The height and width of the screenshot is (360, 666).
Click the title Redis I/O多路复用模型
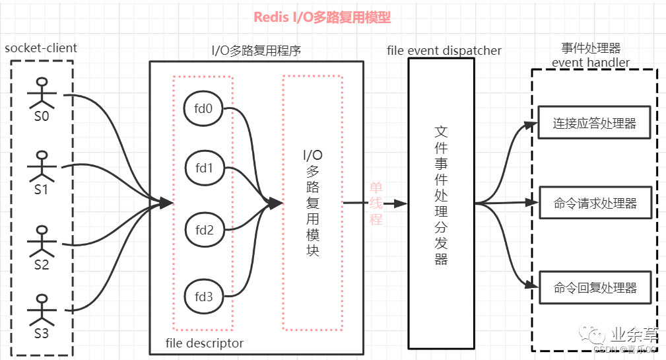point(323,18)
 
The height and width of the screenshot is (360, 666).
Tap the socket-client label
point(41,48)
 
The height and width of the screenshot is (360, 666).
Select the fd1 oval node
point(203,169)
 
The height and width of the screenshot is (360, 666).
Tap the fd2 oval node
point(203,231)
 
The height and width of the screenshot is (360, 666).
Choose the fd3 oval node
point(203,297)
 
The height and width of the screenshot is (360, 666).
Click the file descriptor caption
point(205,343)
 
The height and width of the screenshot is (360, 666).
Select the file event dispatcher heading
point(445,50)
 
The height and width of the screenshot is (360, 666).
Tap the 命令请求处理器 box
point(595,202)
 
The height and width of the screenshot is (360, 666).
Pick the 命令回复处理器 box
point(595,287)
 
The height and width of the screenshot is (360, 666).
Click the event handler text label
point(591,63)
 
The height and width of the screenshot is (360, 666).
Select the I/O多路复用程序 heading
point(256,50)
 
